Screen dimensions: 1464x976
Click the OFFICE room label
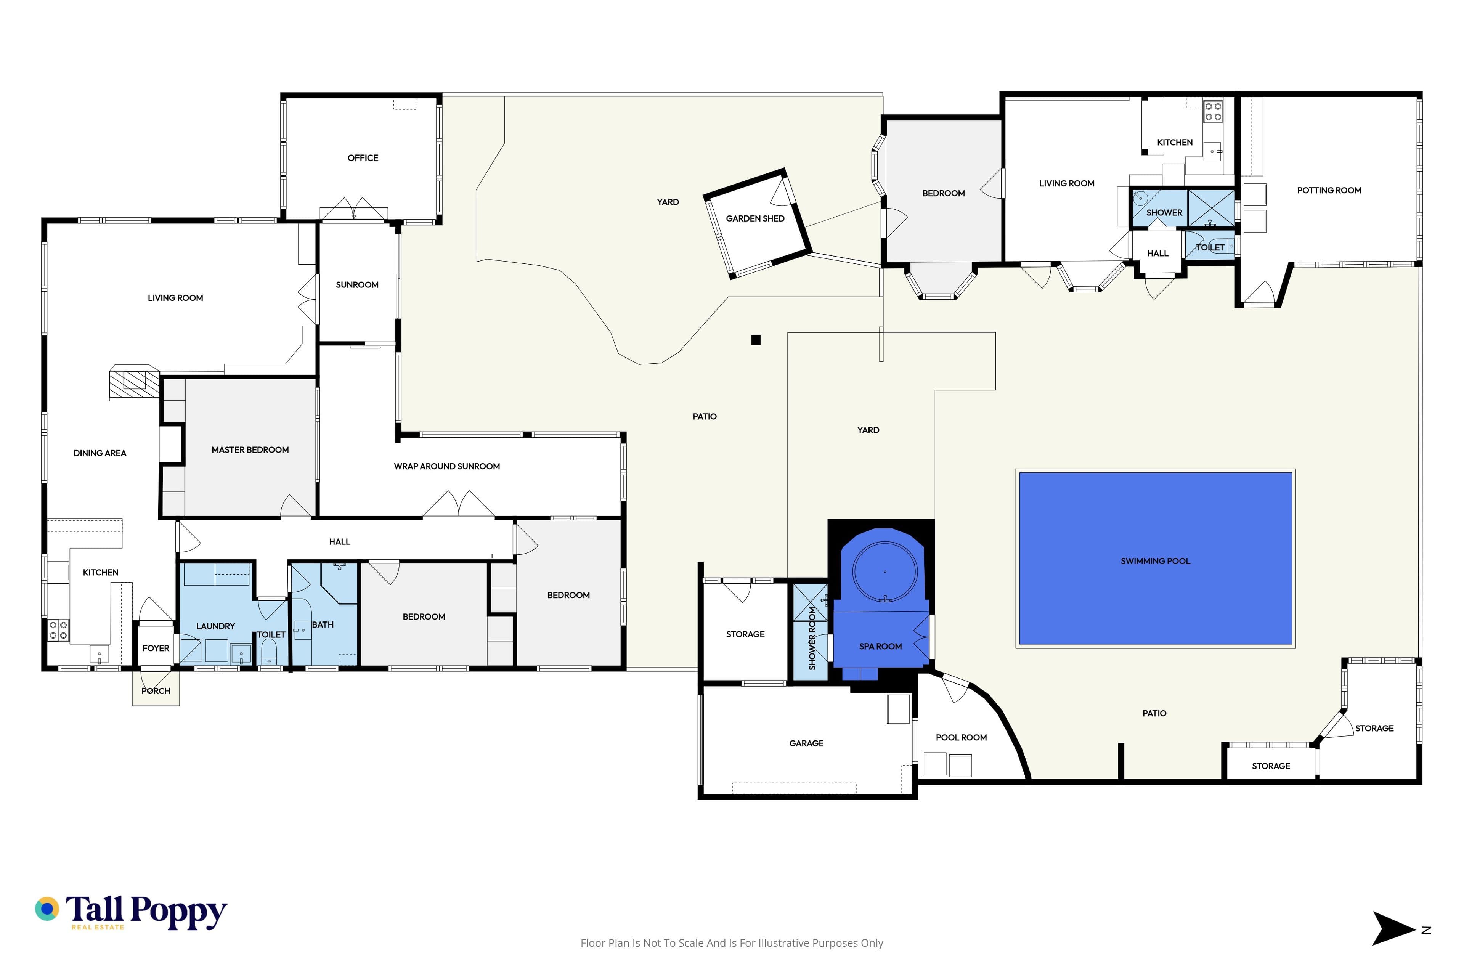[363, 158]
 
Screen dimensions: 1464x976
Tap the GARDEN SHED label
[755, 218]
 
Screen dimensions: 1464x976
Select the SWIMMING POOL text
[1155, 561]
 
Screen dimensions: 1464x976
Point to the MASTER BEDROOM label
[250, 449]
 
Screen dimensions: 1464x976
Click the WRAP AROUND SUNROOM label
[447, 466]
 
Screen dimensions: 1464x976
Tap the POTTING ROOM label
[1329, 191]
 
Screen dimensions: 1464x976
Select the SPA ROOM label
[880, 647]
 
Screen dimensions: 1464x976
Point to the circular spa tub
[884, 571]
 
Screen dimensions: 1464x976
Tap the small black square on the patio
[756, 340]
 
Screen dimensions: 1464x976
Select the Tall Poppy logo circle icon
[47, 909]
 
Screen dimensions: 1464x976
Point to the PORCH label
[156, 691]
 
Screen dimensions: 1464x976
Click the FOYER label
[156, 648]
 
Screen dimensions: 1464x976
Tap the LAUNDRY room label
[215, 626]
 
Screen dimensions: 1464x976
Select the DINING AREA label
[100, 453]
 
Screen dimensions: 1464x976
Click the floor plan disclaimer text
[731, 943]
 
